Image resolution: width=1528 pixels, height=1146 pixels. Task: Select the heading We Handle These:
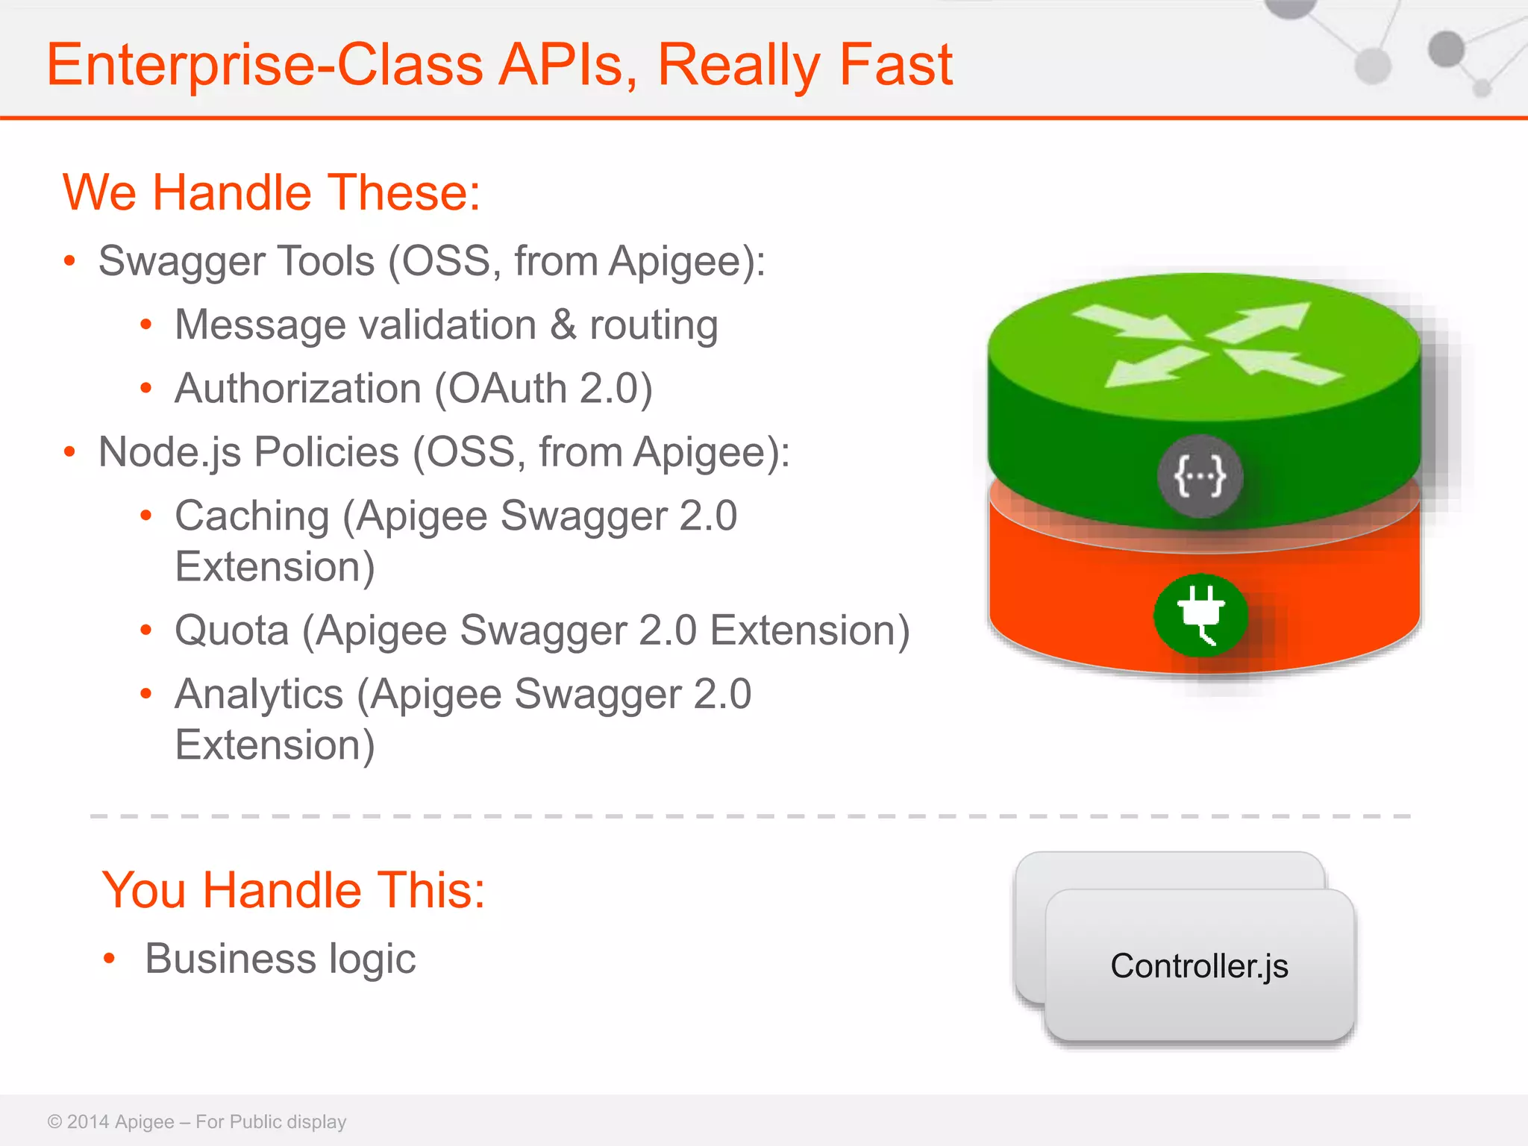(x=272, y=192)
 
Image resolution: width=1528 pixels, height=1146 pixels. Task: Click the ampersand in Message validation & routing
(x=563, y=325)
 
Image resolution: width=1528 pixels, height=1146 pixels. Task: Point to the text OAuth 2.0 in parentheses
(x=543, y=389)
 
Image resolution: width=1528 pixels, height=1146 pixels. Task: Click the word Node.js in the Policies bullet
(x=169, y=452)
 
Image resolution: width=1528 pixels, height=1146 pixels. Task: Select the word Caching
(x=251, y=516)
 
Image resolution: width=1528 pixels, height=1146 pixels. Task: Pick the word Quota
(x=231, y=630)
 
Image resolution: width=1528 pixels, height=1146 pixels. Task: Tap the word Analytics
(x=258, y=695)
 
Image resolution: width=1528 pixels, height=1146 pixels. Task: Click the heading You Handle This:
(x=293, y=890)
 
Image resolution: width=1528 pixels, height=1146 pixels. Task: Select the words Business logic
(x=280, y=959)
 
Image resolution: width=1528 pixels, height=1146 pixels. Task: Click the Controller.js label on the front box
(x=1199, y=966)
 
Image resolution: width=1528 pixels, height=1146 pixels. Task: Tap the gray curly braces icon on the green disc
(x=1200, y=476)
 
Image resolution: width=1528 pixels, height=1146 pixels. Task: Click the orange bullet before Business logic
(x=110, y=959)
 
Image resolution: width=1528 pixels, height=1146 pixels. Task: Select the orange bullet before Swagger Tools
(x=69, y=261)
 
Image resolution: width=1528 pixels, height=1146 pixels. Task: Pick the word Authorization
(x=298, y=389)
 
